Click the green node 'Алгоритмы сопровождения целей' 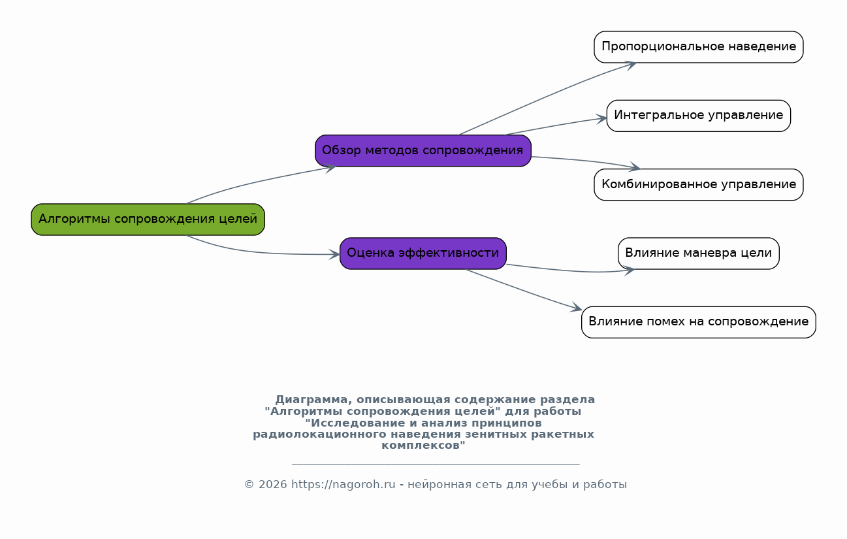click(148, 220)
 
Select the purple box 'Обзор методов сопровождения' click(423, 150)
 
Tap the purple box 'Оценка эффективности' click(423, 253)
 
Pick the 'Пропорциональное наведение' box click(699, 47)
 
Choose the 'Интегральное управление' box click(699, 116)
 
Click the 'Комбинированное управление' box click(699, 185)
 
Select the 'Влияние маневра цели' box click(699, 253)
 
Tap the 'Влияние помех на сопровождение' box click(699, 322)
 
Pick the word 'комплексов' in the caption click(423, 446)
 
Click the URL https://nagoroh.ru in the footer click(344, 485)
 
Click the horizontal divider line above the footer click(436, 463)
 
